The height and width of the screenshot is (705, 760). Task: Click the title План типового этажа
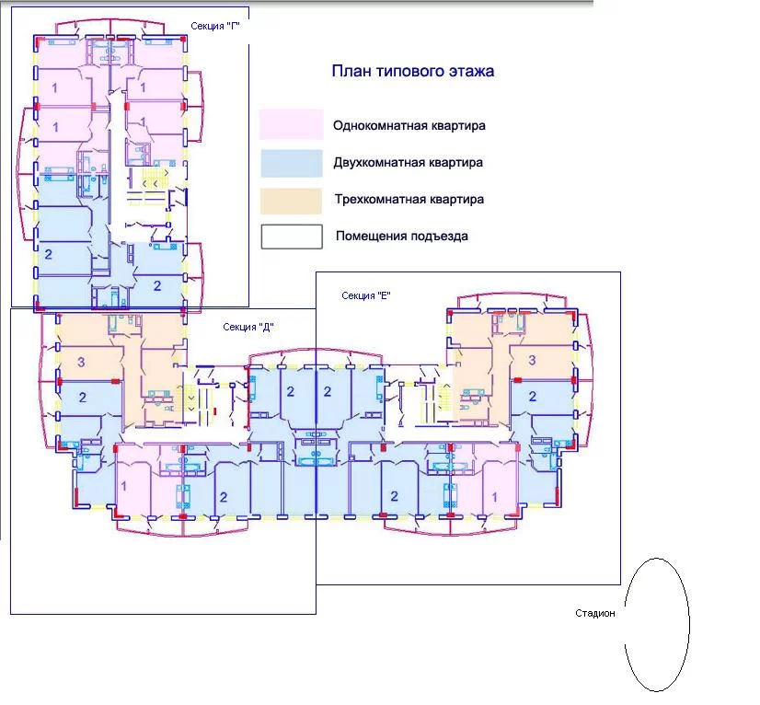point(413,71)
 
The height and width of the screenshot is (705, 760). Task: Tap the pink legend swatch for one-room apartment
point(292,124)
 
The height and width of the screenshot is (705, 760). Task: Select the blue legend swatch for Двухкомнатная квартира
point(292,163)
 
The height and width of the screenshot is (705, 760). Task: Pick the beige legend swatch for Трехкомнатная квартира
point(291,201)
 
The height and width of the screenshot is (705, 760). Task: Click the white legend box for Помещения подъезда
point(292,237)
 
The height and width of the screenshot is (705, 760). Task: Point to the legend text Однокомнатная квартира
point(409,125)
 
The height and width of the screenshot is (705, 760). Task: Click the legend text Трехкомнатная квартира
point(409,200)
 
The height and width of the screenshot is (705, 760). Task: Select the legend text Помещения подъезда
point(402,237)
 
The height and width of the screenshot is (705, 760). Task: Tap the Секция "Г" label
point(215,26)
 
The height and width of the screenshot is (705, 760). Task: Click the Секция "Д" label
point(248,328)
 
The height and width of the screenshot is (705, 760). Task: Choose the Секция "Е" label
point(366,295)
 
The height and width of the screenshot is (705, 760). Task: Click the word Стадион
point(595,613)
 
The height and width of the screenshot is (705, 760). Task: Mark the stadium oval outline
point(625,626)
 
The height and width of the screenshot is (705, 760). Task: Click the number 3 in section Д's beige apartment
point(81,362)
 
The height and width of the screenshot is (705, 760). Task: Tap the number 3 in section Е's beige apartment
point(532,360)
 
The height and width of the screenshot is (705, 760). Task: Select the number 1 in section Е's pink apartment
point(494,497)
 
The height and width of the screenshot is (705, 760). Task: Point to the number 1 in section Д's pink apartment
point(124,486)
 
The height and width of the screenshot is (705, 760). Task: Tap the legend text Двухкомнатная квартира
point(409,162)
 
